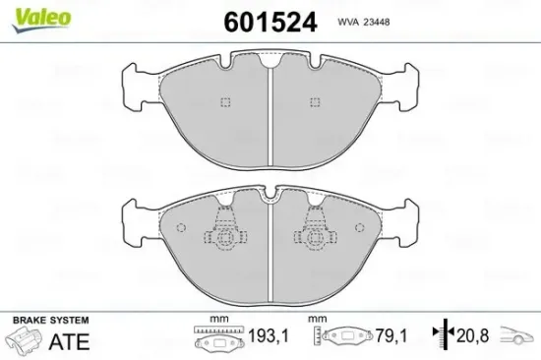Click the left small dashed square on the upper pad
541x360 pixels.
[x=225, y=101]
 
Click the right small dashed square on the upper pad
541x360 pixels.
[x=314, y=101]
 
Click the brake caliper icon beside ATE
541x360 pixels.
[x=27, y=341]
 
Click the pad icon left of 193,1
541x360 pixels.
[x=211, y=340]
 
